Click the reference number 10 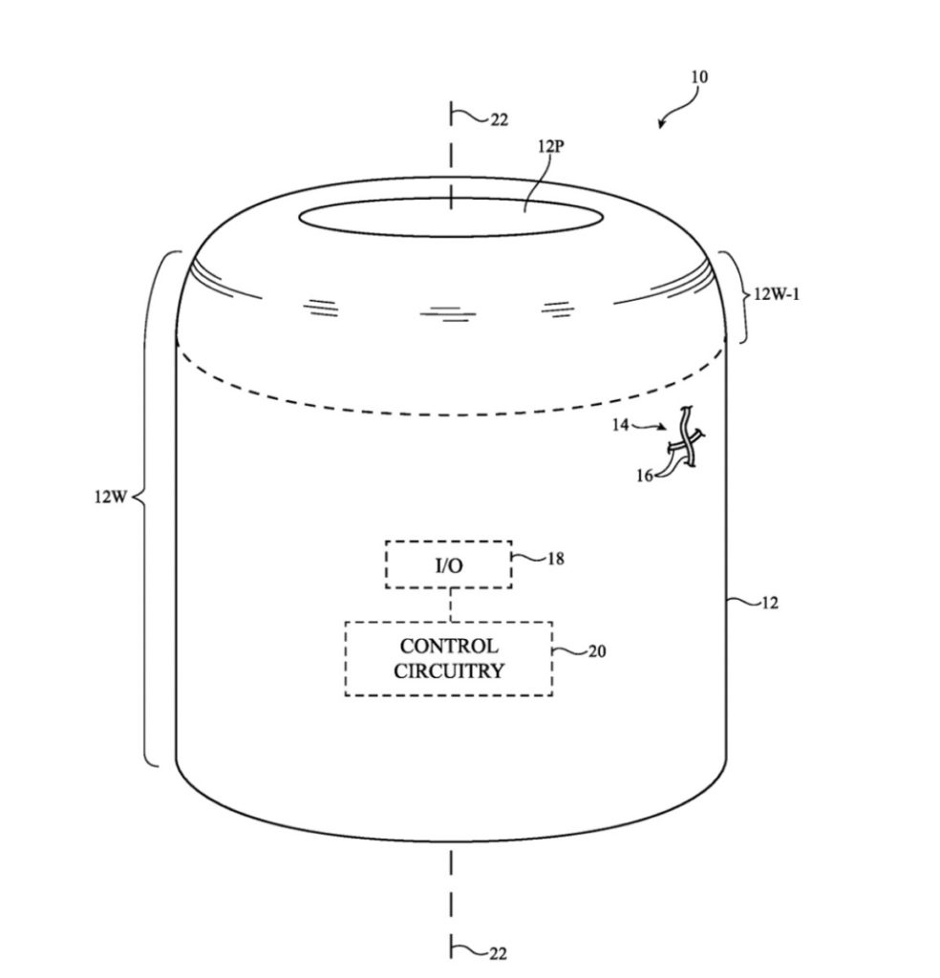(699, 76)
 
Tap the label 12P (551, 146)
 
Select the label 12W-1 (777, 294)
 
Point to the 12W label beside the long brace (111, 497)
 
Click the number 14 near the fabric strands (620, 425)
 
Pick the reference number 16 (645, 476)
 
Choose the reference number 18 (556, 558)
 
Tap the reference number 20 (597, 651)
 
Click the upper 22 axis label (499, 119)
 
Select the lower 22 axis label (498, 954)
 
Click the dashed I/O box (448, 564)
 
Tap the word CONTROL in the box (449, 647)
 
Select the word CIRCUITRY (448, 671)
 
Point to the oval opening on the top (451, 218)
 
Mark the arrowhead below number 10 (661, 124)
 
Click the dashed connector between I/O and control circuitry (450, 605)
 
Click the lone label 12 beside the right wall (770, 604)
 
